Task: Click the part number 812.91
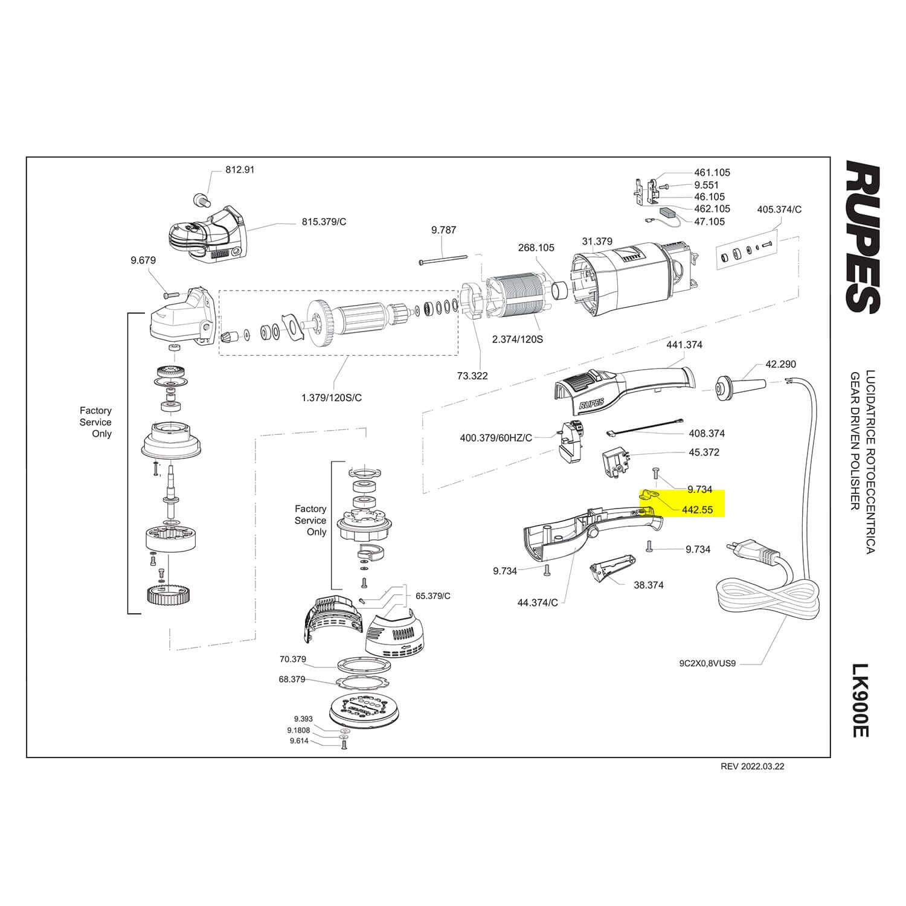(x=240, y=170)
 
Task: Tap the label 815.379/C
(x=324, y=222)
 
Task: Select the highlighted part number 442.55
(x=697, y=510)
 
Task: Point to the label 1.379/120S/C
(x=332, y=397)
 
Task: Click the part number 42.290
(x=780, y=364)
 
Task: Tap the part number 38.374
(x=649, y=585)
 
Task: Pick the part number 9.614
(x=300, y=741)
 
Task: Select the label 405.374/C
(x=779, y=210)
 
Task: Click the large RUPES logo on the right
(x=862, y=237)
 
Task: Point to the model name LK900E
(x=859, y=700)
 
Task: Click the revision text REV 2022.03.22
(x=753, y=766)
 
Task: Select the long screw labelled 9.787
(x=443, y=260)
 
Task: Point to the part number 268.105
(x=536, y=248)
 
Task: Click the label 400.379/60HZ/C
(x=496, y=437)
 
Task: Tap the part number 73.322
(x=472, y=376)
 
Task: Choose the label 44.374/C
(x=538, y=603)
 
